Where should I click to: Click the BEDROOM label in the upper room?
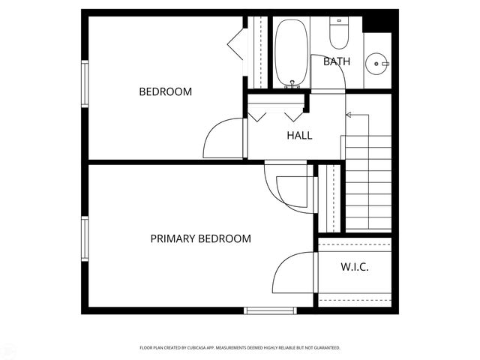[166, 92]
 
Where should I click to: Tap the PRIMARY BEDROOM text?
[200, 239]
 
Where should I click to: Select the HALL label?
[299, 136]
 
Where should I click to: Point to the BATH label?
[337, 61]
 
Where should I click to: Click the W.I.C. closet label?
[355, 267]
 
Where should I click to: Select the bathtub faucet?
[292, 87]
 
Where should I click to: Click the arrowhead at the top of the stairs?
[347, 115]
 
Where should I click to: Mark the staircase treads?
[367, 184]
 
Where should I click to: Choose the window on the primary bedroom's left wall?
[85, 241]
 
